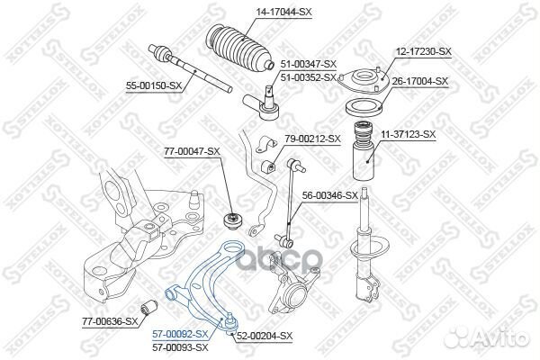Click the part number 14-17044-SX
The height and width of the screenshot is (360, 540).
click(x=283, y=12)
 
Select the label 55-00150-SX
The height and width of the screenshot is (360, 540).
click(x=154, y=86)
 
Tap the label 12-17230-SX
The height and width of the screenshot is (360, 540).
click(x=423, y=51)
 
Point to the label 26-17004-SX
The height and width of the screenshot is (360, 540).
click(x=420, y=81)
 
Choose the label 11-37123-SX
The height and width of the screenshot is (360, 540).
click(x=408, y=134)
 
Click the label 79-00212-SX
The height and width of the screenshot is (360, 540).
click(x=312, y=139)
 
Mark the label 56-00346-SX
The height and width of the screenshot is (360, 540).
click(x=330, y=195)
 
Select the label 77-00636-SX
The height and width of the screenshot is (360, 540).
click(x=110, y=322)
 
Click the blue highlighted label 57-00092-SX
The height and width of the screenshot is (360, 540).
click(x=181, y=334)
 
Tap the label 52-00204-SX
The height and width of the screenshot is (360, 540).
click(x=264, y=336)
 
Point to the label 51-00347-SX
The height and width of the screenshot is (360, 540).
click(x=308, y=64)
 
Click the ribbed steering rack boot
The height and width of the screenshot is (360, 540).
click(x=240, y=49)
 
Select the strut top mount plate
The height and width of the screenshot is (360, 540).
click(x=363, y=82)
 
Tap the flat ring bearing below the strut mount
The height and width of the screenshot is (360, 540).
click(x=364, y=108)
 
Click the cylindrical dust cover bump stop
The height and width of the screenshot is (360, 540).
click(x=364, y=151)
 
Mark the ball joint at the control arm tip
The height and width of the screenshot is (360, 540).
click(x=230, y=322)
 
